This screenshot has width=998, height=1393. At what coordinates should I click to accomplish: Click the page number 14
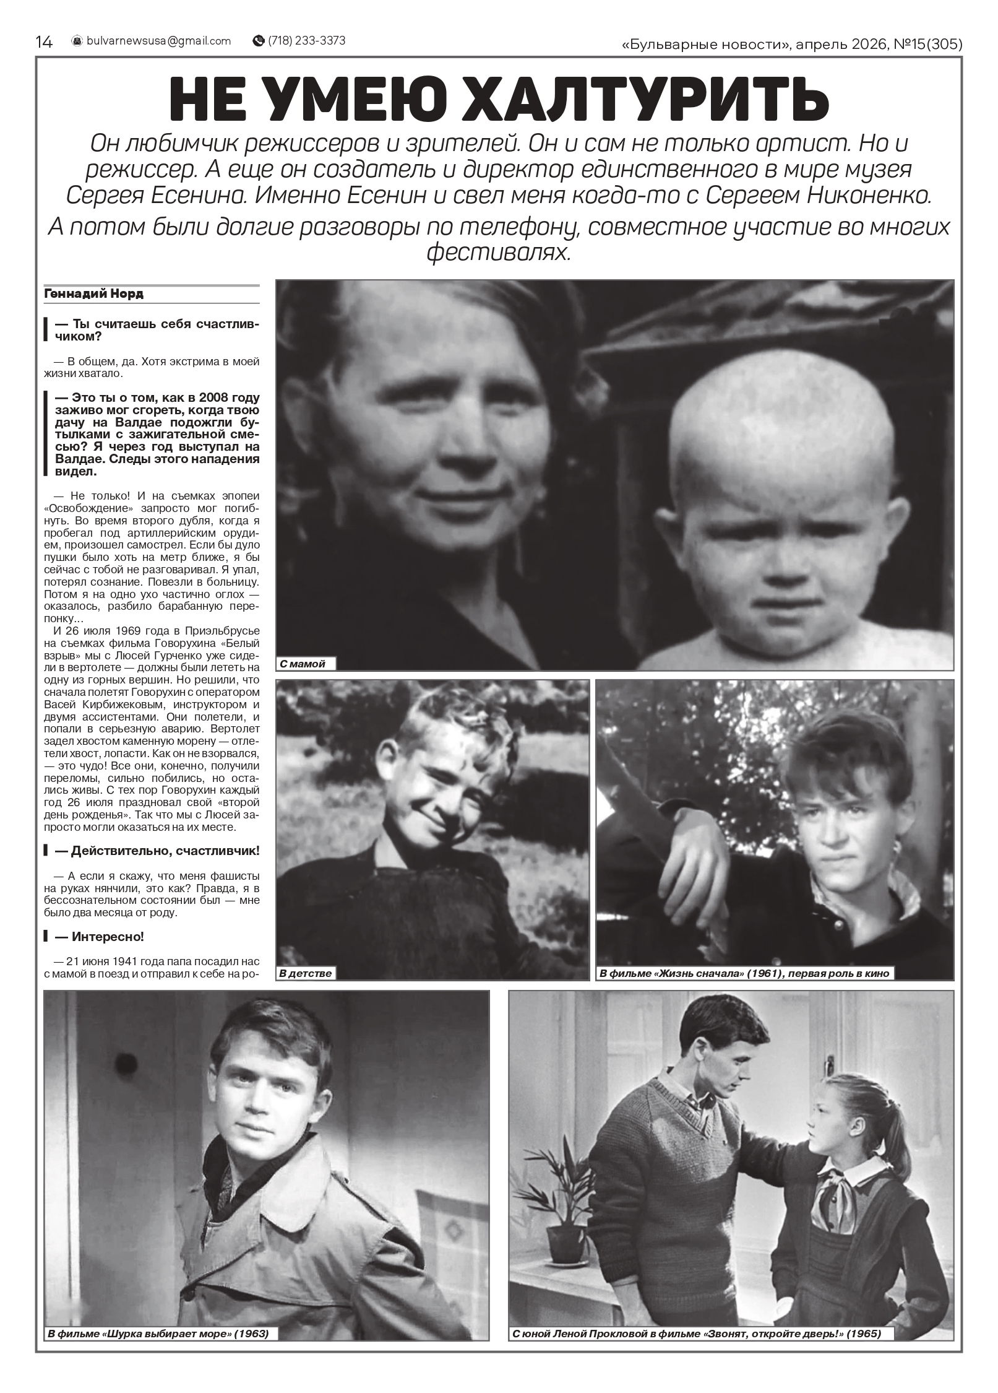coord(45,41)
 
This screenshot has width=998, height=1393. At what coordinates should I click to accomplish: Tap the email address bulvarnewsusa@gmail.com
coord(158,41)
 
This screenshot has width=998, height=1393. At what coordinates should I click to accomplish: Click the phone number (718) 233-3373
coord(306,41)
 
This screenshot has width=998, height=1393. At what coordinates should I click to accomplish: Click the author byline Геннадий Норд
coord(94,294)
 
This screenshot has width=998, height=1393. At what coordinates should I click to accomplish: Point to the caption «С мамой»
coord(303,664)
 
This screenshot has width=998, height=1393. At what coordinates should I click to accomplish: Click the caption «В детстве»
coord(306,973)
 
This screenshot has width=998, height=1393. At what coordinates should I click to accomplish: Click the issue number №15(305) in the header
coord(928,43)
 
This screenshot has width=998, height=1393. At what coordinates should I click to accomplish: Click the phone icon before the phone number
coord(258,41)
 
